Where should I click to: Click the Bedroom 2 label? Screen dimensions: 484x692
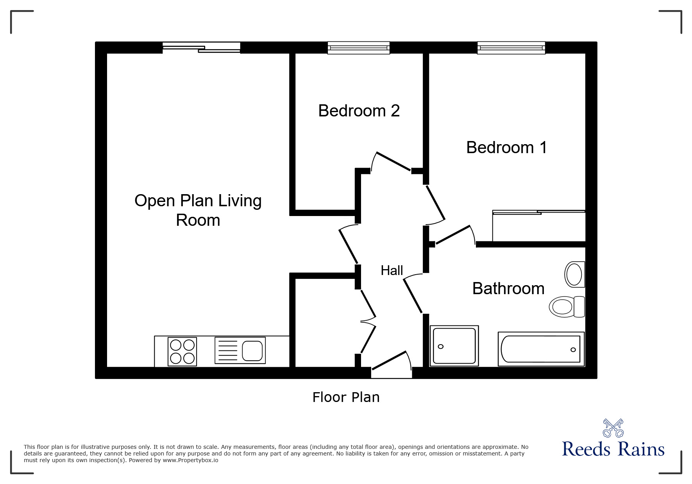pos(359,111)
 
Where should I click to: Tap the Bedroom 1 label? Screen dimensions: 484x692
pos(506,147)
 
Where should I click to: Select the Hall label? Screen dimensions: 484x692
pos(392,270)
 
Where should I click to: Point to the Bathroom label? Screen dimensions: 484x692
pos(508,289)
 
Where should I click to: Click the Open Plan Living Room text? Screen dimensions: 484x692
pos(198,210)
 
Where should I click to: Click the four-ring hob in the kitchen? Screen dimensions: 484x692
pos(182,352)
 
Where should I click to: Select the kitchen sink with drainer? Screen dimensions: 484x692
pos(240,350)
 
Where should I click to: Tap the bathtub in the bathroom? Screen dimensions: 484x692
pos(541,349)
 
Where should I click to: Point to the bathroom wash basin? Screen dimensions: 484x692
pos(574,274)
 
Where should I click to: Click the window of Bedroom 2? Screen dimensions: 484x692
pos(358,48)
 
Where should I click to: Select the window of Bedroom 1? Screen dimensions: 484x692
pos(511,48)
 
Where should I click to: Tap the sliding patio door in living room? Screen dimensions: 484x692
pos(201,48)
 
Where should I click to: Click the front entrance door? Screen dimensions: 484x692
pos(391,365)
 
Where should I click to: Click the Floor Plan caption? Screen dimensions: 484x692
pos(346,397)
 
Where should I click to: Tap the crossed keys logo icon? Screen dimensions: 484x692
pos(613,428)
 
